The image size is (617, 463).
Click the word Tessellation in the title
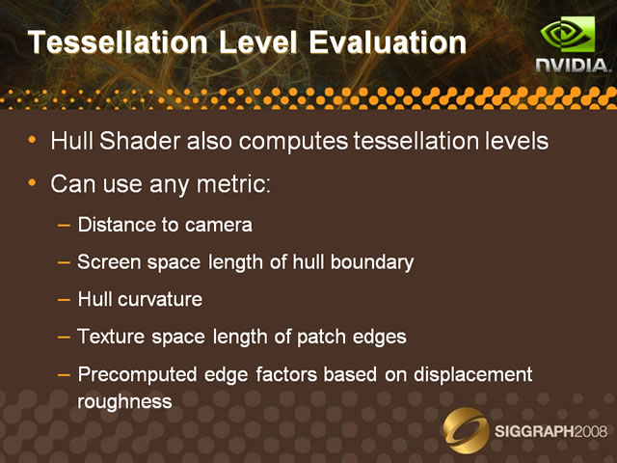(x=118, y=42)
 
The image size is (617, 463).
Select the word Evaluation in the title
(x=388, y=42)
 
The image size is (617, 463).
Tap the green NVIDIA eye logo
(x=568, y=35)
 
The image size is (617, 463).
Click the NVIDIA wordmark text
(x=574, y=66)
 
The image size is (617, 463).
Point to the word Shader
(x=140, y=141)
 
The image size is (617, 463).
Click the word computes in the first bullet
(x=293, y=142)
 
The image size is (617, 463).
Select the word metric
(x=233, y=183)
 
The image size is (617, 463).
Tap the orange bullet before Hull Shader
(x=32, y=139)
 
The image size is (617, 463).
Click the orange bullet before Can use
(x=32, y=182)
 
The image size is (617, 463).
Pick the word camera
(x=219, y=226)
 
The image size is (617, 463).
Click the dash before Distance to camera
(x=64, y=226)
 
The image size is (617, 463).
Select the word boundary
(x=372, y=262)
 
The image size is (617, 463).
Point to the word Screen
(x=109, y=262)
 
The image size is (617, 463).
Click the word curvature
(x=160, y=300)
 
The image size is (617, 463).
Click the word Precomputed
(x=137, y=375)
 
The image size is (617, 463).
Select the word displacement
(x=473, y=375)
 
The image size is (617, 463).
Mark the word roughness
(x=124, y=402)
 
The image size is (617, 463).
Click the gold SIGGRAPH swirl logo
(x=466, y=431)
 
